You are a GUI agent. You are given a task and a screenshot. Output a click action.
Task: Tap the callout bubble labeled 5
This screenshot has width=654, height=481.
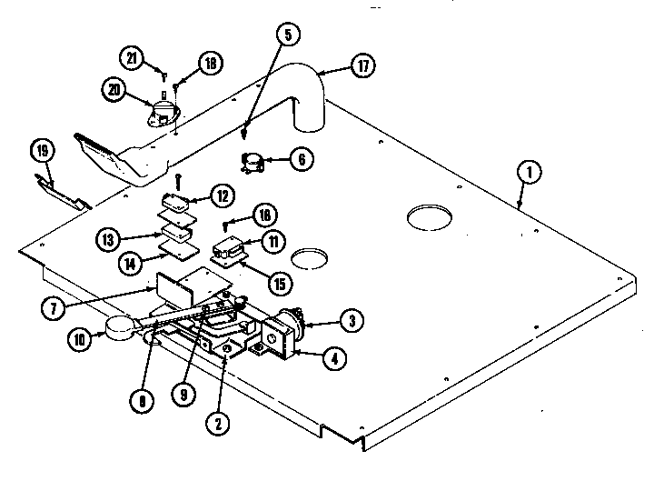287,35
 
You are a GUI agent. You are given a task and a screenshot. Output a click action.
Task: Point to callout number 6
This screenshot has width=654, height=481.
302,158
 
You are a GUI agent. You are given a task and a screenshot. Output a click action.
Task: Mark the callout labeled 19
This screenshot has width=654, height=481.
42,149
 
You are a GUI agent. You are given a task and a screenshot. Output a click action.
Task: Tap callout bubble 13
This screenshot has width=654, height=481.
108,239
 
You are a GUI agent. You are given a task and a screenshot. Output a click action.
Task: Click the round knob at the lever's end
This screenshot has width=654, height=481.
118,330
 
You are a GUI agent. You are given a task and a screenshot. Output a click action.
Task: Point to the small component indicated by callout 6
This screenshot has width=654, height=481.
252,164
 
